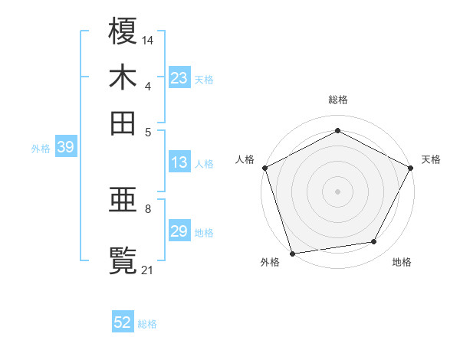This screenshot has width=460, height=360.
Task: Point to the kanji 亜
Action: tap(123, 202)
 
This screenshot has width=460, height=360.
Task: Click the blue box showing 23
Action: tap(179, 78)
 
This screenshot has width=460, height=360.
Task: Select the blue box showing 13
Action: tap(179, 162)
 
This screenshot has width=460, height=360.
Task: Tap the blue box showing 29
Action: tap(179, 232)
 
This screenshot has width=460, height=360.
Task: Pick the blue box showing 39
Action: tap(65, 148)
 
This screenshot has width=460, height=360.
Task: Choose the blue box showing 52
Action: tap(123, 323)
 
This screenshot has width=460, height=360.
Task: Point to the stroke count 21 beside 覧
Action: tap(148, 269)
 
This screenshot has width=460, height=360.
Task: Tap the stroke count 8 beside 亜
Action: tap(148, 208)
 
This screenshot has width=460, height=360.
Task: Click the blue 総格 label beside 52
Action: tap(147, 324)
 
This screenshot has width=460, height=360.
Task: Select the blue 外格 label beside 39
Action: tap(41, 149)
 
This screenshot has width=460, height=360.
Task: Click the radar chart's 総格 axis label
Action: tap(337, 100)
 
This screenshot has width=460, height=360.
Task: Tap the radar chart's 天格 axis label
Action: tap(431, 159)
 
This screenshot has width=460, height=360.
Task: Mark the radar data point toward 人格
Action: tap(264, 167)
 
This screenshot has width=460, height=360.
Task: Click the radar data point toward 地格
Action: tap(374, 242)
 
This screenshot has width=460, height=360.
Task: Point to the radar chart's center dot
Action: tap(337, 191)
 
